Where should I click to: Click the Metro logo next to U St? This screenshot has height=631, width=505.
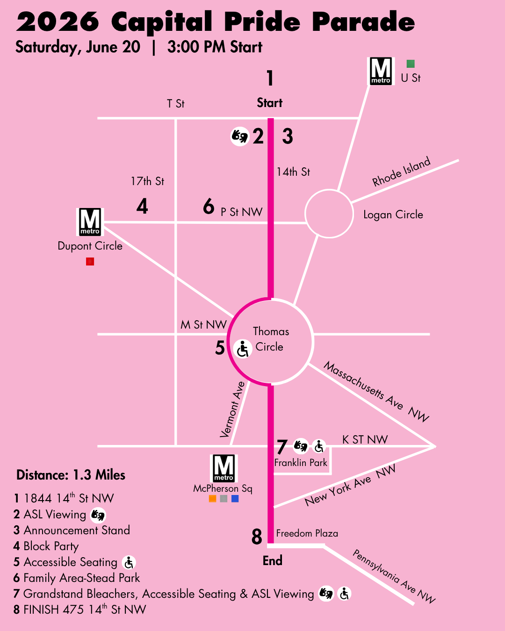click(x=381, y=71)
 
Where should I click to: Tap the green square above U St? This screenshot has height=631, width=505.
click(x=411, y=64)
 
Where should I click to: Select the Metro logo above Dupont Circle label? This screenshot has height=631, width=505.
click(x=90, y=222)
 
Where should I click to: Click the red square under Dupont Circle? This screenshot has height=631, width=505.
click(x=90, y=261)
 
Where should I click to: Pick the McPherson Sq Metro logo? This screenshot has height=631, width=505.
click(x=224, y=468)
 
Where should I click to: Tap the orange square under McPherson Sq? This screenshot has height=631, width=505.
click(x=212, y=498)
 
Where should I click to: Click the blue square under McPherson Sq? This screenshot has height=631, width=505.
click(x=235, y=498)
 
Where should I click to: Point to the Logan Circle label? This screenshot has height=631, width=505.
click(x=393, y=215)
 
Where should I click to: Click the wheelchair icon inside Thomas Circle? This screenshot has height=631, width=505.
click(x=243, y=349)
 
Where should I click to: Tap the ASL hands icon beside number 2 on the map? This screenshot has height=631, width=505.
click(x=240, y=136)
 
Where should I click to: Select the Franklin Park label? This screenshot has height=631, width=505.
click(x=301, y=463)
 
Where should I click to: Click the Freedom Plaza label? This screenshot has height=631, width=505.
click(x=307, y=533)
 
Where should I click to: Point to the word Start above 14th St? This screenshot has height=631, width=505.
click(x=270, y=103)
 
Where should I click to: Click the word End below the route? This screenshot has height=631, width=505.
click(x=272, y=560)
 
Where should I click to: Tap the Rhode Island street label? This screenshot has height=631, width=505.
click(x=401, y=172)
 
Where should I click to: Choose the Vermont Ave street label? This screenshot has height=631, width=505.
click(x=232, y=409)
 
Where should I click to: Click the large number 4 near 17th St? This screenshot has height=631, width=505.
click(x=142, y=206)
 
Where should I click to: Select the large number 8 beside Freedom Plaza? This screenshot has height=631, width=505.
click(x=257, y=537)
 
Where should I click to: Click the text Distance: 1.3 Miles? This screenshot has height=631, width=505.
click(x=71, y=475)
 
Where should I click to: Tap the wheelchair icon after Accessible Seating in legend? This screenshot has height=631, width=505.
click(x=129, y=562)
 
